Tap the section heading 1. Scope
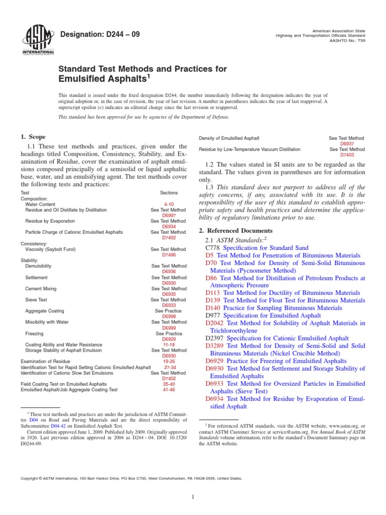click(33, 137)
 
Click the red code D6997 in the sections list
click(169, 216)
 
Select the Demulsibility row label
click(38, 266)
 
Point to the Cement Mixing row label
click(41, 289)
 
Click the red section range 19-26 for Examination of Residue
click(169, 361)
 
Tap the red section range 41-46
click(169, 389)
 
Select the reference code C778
click(213, 248)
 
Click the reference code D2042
click(215, 323)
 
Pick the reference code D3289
click(215, 346)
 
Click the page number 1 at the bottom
click(193, 497)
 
